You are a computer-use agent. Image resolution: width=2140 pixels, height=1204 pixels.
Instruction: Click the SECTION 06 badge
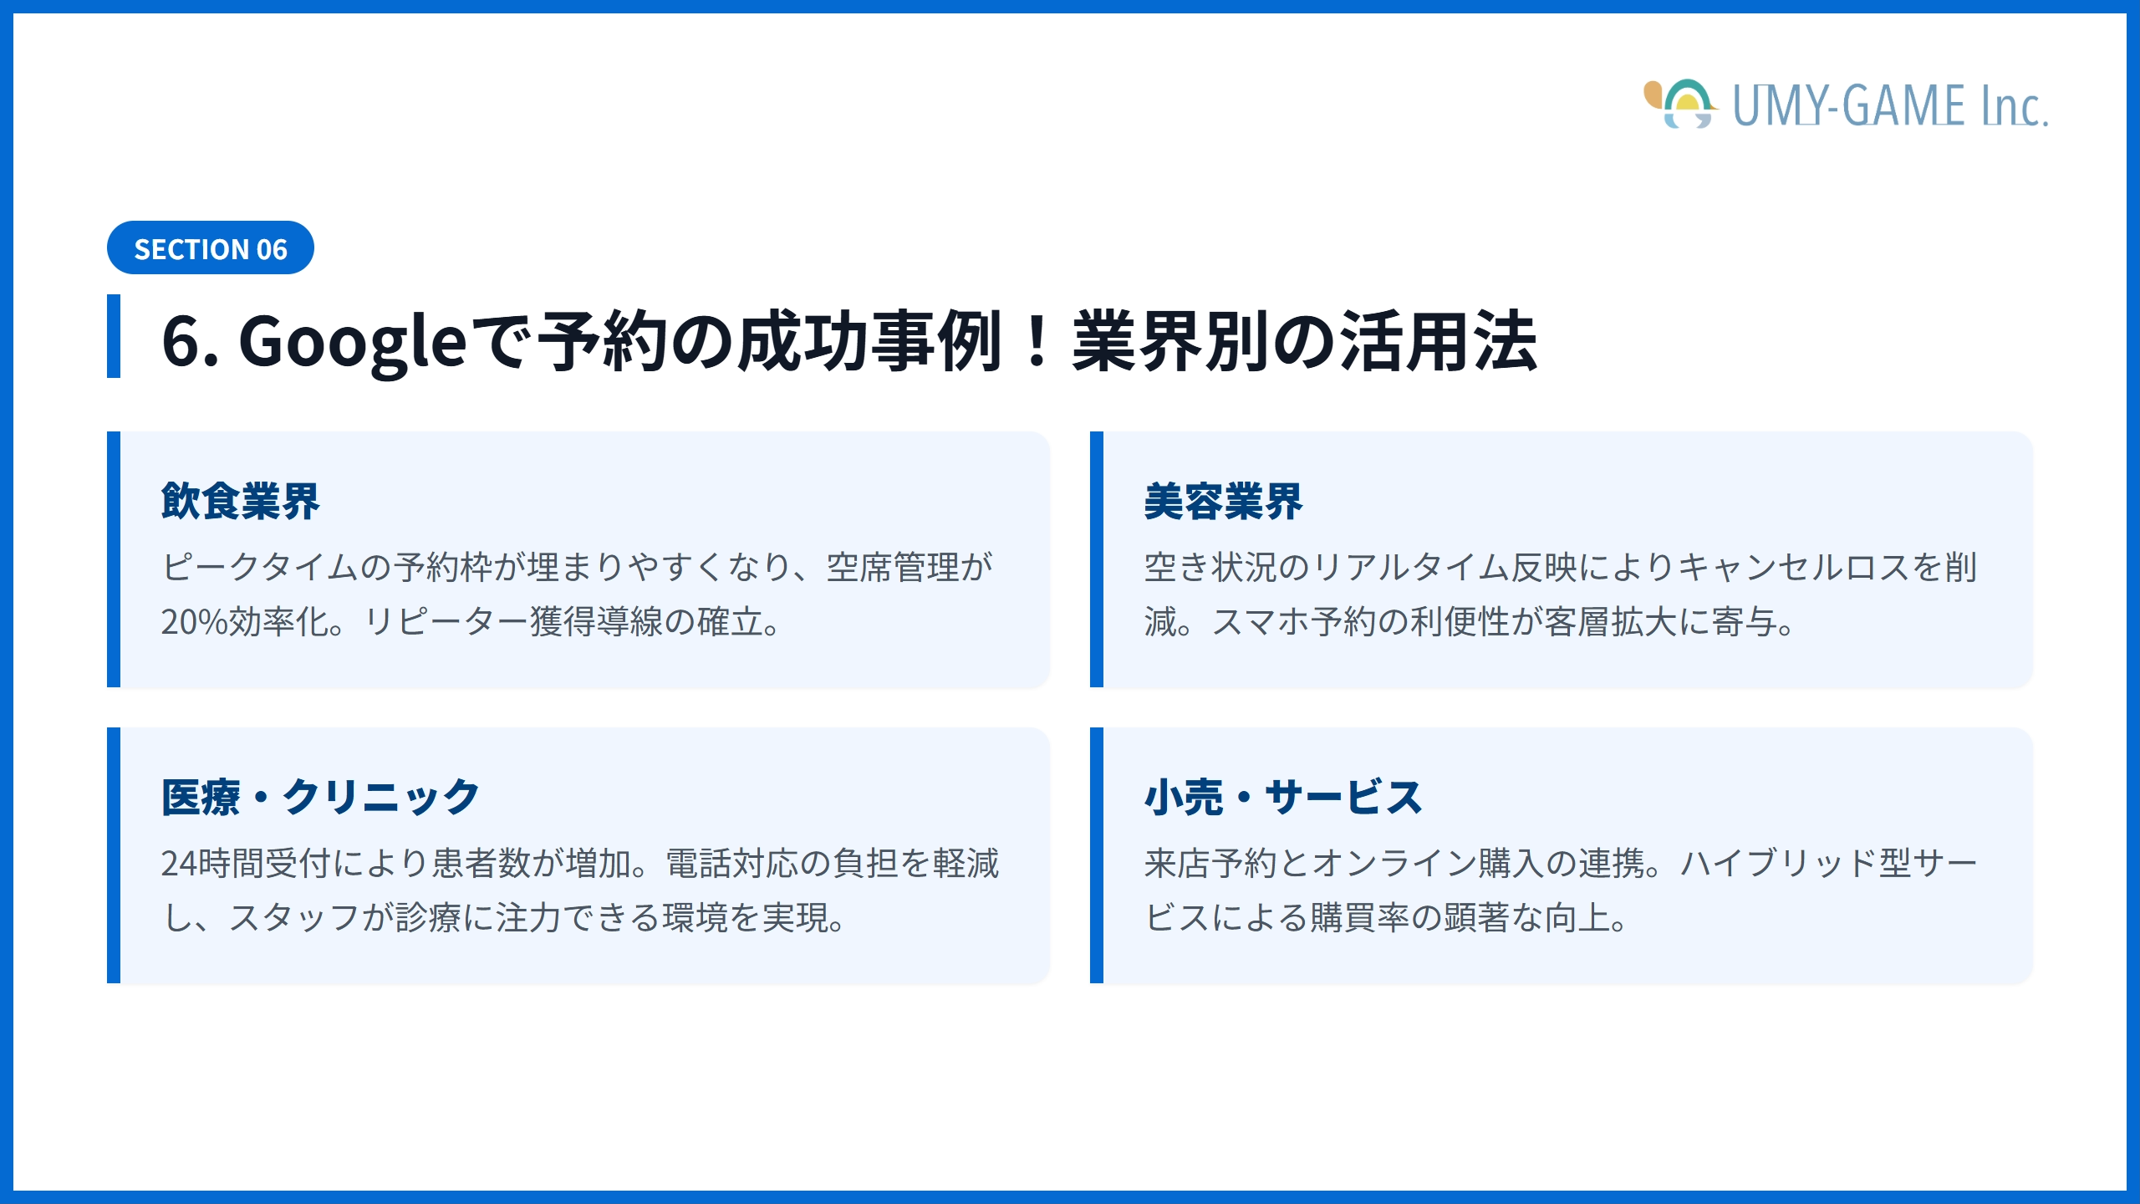pos(210,248)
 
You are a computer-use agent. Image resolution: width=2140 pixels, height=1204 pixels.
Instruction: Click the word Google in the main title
pos(352,341)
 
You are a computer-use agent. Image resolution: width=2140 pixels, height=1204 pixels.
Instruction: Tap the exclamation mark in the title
pos(1037,341)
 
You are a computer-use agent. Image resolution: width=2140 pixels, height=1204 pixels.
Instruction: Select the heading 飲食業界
pos(240,502)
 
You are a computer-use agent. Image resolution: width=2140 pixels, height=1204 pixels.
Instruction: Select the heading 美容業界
pos(1223,502)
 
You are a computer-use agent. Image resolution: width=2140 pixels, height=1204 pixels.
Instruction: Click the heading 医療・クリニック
pos(320,797)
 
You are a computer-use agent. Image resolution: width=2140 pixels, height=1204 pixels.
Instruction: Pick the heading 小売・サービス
pos(1283,797)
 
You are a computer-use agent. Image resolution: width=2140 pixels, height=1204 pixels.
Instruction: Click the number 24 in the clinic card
pos(178,864)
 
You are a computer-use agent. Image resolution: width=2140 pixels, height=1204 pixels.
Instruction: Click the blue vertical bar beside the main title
pos(114,336)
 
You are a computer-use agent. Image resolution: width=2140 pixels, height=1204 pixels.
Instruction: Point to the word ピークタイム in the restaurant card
pos(259,568)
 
